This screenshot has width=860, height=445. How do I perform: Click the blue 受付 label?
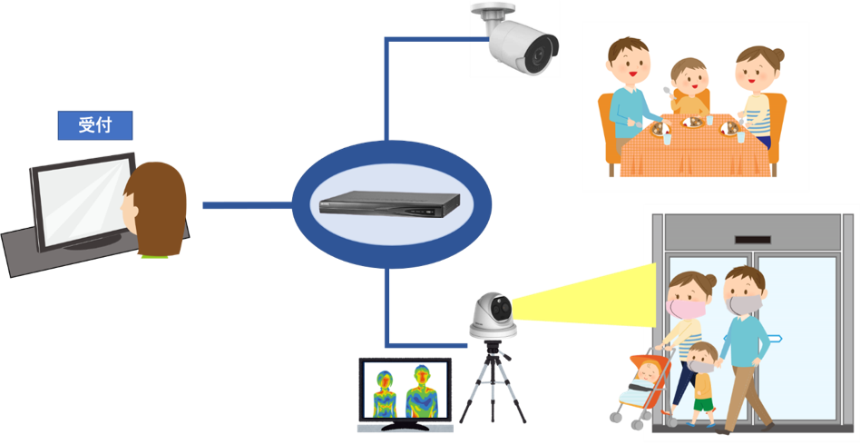[95, 125]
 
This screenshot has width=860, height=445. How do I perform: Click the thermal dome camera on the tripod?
[493, 313]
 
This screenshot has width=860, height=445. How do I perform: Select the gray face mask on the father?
[746, 303]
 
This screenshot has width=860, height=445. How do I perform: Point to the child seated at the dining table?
[689, 85]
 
